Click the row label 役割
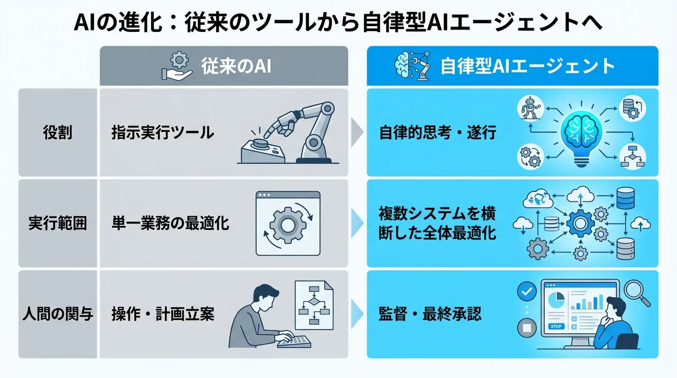(58, 133)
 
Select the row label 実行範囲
(58, 223)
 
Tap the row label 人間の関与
(58, 314)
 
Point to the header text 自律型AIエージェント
(527, 66)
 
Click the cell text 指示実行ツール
(163, 133)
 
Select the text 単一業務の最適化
(170, 223)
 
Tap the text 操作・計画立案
(163, 314)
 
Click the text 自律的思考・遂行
(438, 133)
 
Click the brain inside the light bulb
(581, 129)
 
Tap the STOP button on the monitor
(556, 326)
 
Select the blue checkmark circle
(527, 292)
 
